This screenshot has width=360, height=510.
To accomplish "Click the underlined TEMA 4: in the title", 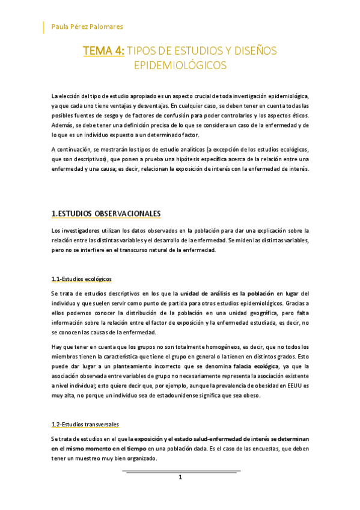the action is pyautogui.click(x=103, y=51).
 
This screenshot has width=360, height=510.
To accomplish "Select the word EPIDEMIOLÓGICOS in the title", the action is pyautogui.click(x=180, y=65).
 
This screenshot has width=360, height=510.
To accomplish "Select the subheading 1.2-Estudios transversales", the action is pyautogui.click(x=85, y=424).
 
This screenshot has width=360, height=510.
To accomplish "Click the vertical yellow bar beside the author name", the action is pyautogui.click(x=44, y=27).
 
